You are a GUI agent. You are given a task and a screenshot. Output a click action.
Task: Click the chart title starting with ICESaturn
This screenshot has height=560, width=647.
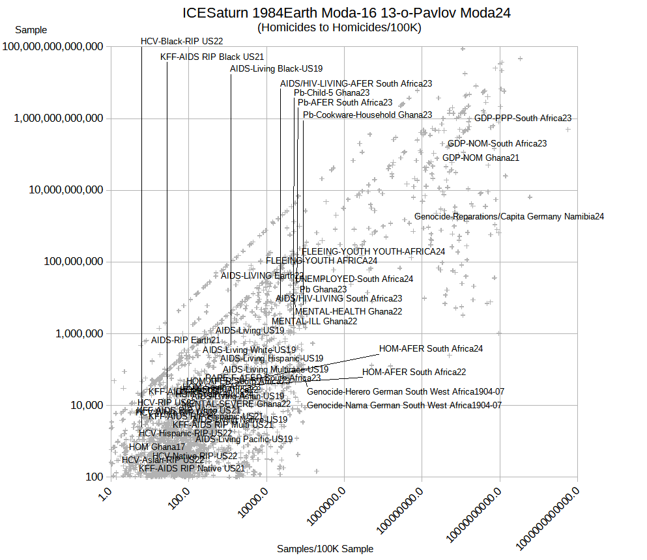346,13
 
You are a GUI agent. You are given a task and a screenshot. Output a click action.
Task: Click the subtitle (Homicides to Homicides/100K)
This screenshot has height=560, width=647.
339,27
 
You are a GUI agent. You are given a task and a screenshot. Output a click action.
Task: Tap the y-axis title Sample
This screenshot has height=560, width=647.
31,30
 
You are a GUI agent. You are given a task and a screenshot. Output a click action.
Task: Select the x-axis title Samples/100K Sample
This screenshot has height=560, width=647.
325,549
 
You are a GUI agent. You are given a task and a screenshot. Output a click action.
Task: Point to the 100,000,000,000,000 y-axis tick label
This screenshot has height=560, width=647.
53,47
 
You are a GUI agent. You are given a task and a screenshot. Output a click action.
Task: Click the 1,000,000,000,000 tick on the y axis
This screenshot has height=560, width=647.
59,119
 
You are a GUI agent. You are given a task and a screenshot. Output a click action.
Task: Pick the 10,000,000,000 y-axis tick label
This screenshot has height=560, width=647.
63,190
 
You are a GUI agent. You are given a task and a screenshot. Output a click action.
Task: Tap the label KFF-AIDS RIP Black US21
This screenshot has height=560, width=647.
212,57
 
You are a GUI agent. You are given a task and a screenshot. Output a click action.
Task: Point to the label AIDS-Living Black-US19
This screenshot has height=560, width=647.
276,68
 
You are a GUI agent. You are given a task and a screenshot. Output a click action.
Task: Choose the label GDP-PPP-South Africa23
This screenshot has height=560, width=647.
523,119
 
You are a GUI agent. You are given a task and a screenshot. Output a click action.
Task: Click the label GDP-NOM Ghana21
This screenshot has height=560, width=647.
481,158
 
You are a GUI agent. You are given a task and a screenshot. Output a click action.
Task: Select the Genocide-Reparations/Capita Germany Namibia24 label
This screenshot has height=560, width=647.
509,216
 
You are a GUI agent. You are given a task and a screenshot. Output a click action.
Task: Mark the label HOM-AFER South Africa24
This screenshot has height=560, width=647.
431,349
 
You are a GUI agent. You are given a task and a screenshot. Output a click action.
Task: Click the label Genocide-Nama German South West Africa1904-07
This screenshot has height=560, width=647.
404,405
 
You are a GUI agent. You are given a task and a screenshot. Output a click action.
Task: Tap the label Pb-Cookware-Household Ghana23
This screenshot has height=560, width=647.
367,115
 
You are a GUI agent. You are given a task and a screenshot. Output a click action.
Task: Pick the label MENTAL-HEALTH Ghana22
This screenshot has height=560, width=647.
349,311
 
